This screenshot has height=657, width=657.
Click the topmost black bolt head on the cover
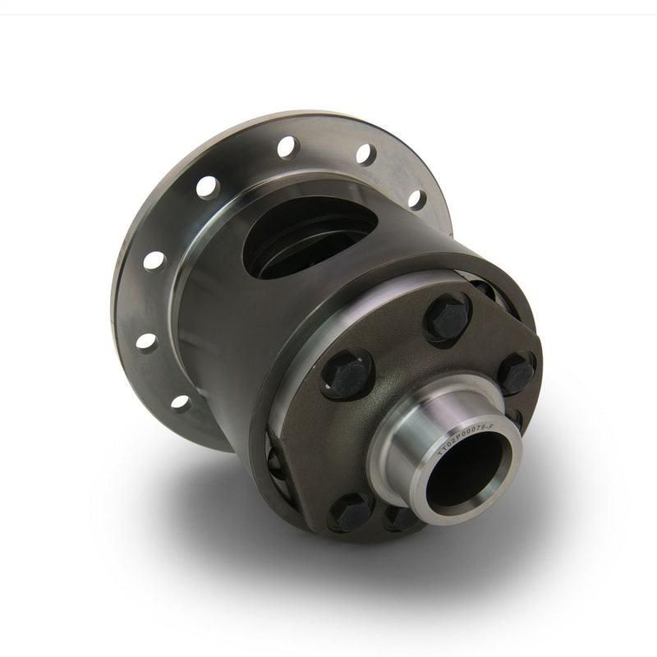447,317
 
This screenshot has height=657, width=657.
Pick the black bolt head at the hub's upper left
347,374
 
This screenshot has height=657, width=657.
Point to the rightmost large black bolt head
515,371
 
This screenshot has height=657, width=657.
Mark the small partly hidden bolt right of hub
517,419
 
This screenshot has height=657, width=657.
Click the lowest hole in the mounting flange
180,402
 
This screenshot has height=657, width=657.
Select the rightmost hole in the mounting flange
417,200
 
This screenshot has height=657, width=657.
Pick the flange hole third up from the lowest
154,261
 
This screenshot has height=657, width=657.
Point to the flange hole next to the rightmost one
365,154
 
